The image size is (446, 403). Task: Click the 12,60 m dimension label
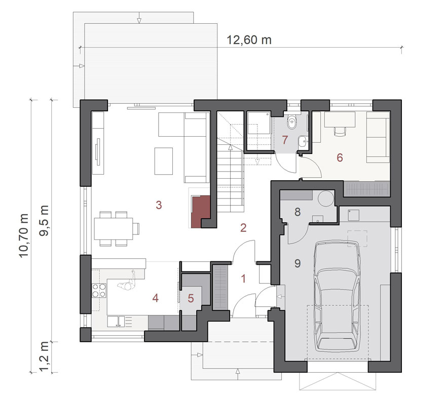249,40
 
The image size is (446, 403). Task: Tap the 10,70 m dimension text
24,235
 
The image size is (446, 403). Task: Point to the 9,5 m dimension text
44,221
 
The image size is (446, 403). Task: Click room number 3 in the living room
159,205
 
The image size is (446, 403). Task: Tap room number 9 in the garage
298,263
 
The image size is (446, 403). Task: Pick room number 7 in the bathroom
285,140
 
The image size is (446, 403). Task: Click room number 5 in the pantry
191,298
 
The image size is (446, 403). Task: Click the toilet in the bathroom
291,122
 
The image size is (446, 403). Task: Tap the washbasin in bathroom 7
302,141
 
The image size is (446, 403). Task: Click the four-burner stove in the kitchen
99,291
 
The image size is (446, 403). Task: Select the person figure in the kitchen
127,282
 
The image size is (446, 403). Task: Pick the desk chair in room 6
340,131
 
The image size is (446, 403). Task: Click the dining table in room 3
114,228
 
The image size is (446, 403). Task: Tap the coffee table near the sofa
164,161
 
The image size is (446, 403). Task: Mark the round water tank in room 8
325,198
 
